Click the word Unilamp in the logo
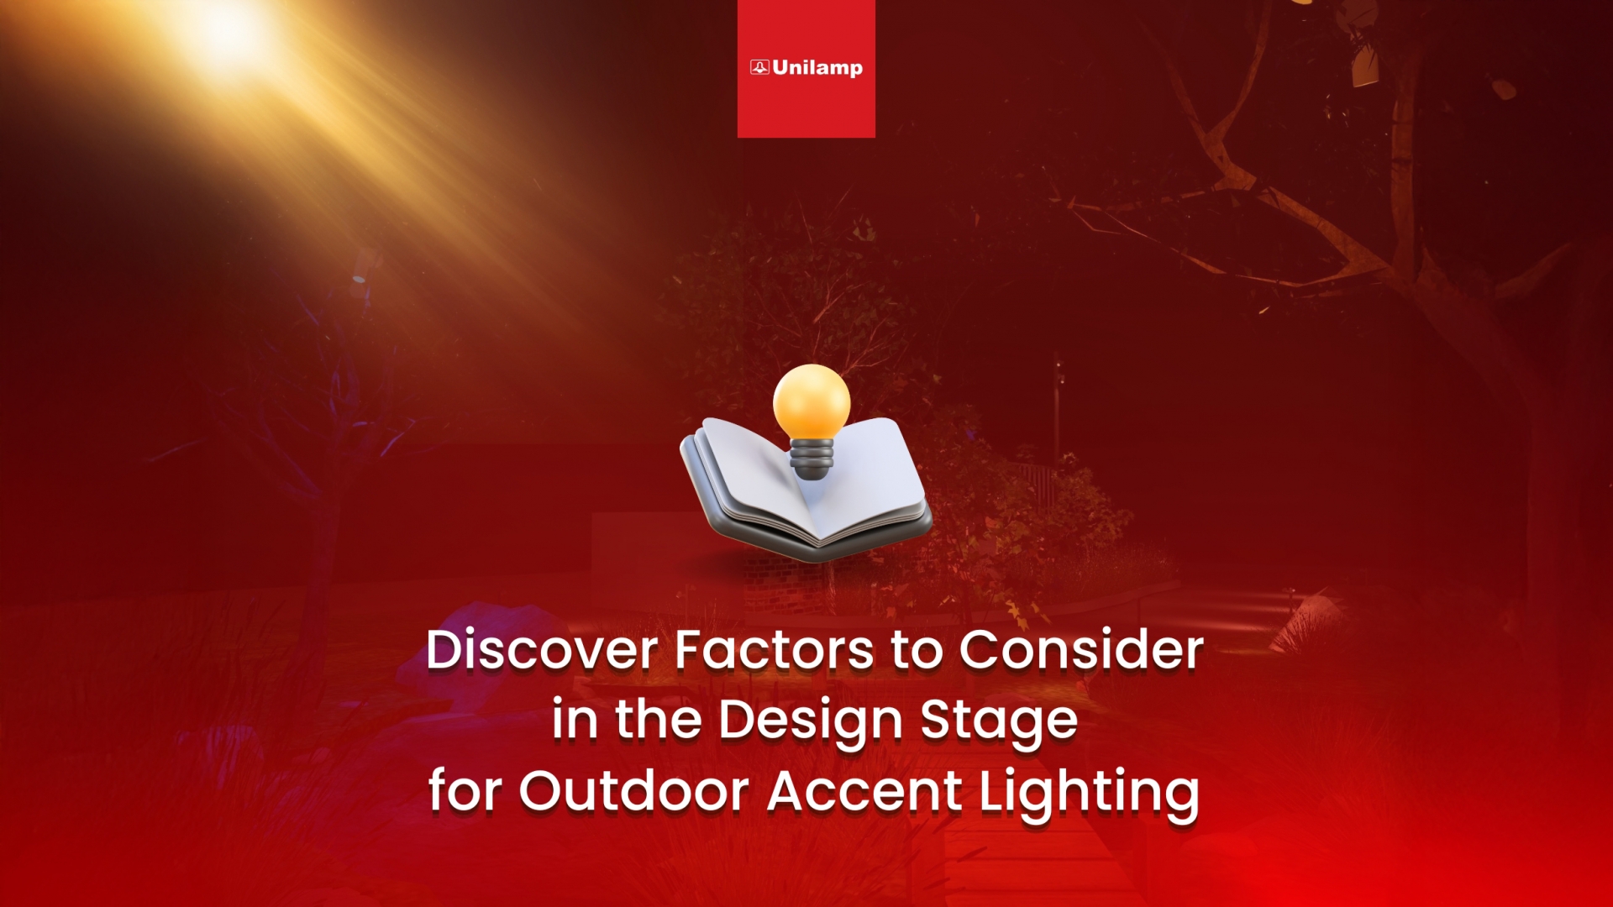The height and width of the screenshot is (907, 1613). (817, 68)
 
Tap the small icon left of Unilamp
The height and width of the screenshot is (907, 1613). (759, 67)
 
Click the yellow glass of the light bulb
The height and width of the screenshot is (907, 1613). (812, 402)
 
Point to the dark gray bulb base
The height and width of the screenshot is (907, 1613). (812, 460)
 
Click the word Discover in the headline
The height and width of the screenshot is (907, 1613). (542, 650)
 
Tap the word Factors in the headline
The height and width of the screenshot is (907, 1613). (775, 650)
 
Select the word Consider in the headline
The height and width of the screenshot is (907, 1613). (1082, 650)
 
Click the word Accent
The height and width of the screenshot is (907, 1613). (865, 792)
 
